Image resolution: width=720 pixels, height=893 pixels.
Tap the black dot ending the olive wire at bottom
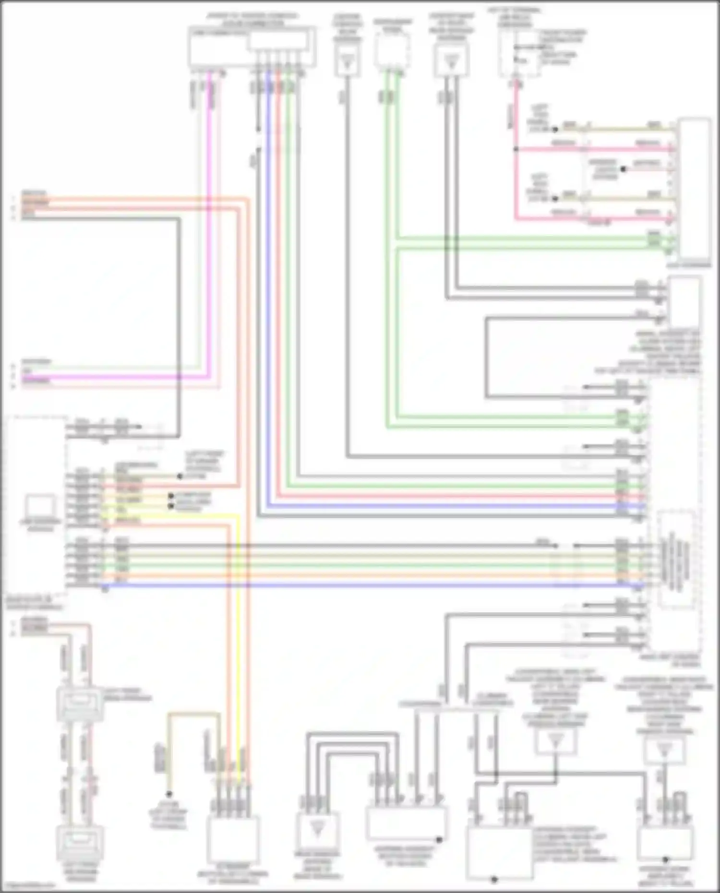coord(169,794)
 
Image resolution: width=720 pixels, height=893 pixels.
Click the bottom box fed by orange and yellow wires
coord(233,838)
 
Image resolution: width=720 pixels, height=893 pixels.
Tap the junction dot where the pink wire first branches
coord(516,149)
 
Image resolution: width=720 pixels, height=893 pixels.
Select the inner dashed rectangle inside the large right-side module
coord(675,559)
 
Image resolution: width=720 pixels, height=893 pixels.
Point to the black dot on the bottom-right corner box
coord(666,859)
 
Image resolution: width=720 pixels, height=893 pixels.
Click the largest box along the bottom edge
coord(498,853)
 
